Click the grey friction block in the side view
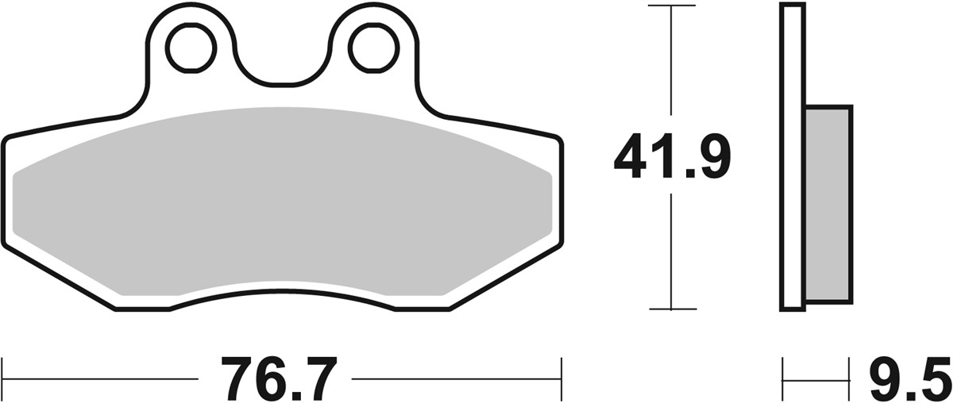click(x=828, y=204)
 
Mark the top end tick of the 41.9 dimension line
click(x=672, y=6)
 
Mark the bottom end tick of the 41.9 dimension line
click(x=672, y=309)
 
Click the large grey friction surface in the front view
click(x=282, y=206)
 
